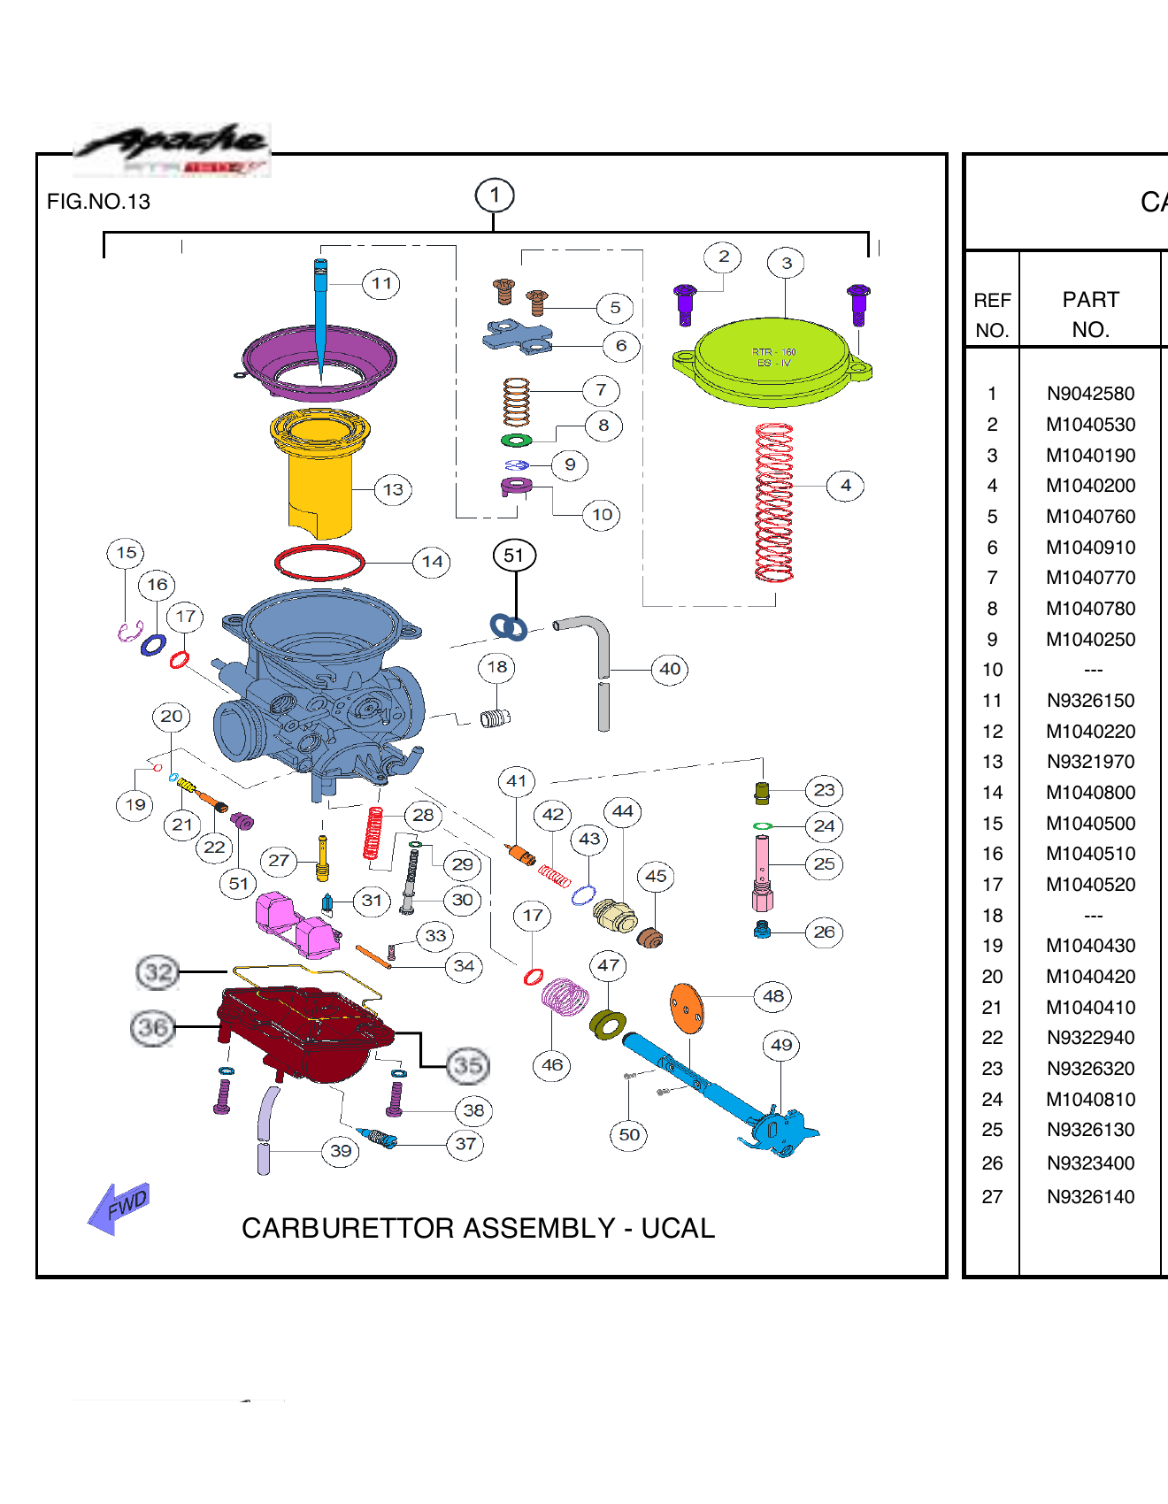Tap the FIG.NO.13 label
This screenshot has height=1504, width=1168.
pyautogui.click(x=98, y=202)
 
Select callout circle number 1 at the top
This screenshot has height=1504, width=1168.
pyautogui.click(x=495, y=195)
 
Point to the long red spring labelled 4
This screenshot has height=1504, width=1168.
pyautogui.click(x=774, y=502)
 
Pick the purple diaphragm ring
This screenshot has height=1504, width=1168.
pyautogui.click(x=319, y=362)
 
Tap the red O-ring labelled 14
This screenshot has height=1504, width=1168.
pyautogui.click(x=319, y=563)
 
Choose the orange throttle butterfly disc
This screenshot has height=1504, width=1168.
pyautogui.click(x=687, y=1009)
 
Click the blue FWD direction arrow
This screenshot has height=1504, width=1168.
pyautogui.click(x=119, y=1208)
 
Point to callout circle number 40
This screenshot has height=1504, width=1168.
pyautogui.click(x=670, y=669)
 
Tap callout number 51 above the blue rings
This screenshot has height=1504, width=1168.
pyautogui.click(x=514, y=556)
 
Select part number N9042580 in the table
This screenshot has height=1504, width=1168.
pyautogui.click(x=1090, y=394)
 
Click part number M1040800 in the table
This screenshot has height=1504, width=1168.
pyautogui.click(x=1090, y=793)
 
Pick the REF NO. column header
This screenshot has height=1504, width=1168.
pyautogui.click(x=992, y=315)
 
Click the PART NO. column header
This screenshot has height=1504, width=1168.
pyautogui.click(x=1090, y=315)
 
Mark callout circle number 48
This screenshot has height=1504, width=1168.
pyautogui.click(x=772, y=996)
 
